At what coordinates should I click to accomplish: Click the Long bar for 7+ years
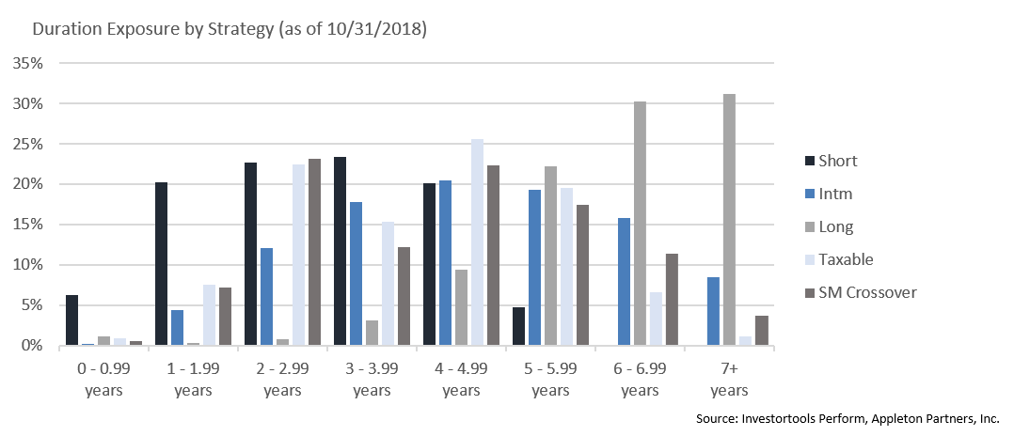pos(729,220)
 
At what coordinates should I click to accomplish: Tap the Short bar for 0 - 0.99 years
pos(71,320)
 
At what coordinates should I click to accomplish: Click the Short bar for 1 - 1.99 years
pos(161,264)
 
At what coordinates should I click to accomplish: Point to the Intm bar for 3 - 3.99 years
pos(356,273)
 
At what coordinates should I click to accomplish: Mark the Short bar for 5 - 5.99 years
pos(518,326)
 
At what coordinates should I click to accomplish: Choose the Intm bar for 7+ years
pos(713,311)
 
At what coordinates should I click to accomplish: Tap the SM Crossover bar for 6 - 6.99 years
pos(671,300)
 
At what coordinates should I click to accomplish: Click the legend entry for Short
pos(838,161)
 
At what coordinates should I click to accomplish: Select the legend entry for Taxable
pos(846,259)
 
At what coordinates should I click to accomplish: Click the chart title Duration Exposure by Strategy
pos(230,29)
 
